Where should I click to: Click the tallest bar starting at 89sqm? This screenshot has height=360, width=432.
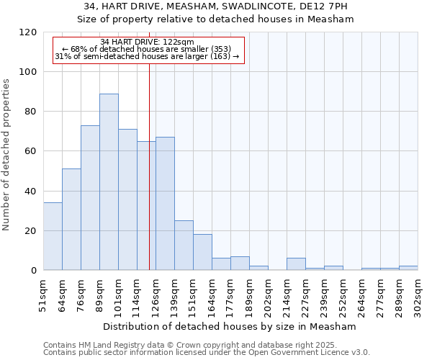coord(109,182)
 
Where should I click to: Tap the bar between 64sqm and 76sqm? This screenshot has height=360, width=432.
coord(71,220)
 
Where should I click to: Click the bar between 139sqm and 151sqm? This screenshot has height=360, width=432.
coord(184,246)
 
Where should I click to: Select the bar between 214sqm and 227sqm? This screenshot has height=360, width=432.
coord(296,264)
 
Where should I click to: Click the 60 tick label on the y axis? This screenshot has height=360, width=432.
coord(30,151)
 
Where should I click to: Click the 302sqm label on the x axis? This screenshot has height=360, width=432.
coord(418,294)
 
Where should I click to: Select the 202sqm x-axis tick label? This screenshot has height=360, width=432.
coord(268,294)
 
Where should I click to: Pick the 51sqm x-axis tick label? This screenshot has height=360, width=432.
coord(44,294)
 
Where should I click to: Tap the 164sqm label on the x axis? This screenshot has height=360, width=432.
coord(212,294)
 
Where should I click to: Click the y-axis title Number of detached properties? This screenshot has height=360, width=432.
coord(7,154)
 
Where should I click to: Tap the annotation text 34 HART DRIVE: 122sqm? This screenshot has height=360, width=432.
coord(147,42)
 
